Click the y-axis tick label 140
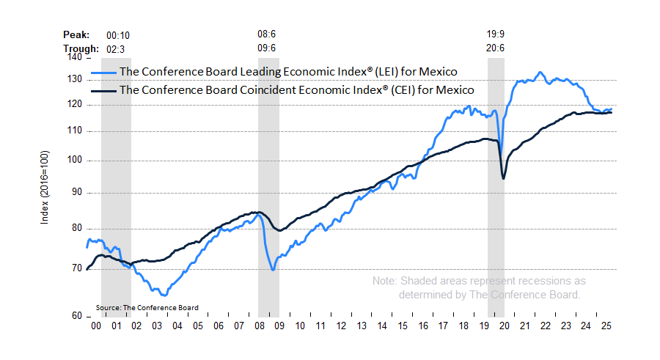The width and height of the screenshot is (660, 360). pos(73,57)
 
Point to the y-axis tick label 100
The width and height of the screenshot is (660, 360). pos(73,161)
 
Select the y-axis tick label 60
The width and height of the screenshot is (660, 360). pos(76,316)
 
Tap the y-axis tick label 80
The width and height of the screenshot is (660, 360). pos(76,228)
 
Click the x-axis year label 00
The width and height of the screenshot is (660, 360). pos(95,326)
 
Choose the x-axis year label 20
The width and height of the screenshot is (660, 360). pos(503,326)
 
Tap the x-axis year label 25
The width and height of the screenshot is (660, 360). pos(605,326)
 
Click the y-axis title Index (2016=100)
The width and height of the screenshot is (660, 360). pos(45,186)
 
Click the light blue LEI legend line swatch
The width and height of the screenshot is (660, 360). pos(103,72)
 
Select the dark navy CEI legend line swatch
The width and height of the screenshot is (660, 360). pos(103,90)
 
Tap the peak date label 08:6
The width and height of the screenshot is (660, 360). pos(267,34)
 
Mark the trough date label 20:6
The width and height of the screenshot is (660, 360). pos(496,48)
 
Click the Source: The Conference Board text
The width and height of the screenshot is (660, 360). pos(147,307)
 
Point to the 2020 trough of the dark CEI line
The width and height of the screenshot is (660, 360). pos(503,178)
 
